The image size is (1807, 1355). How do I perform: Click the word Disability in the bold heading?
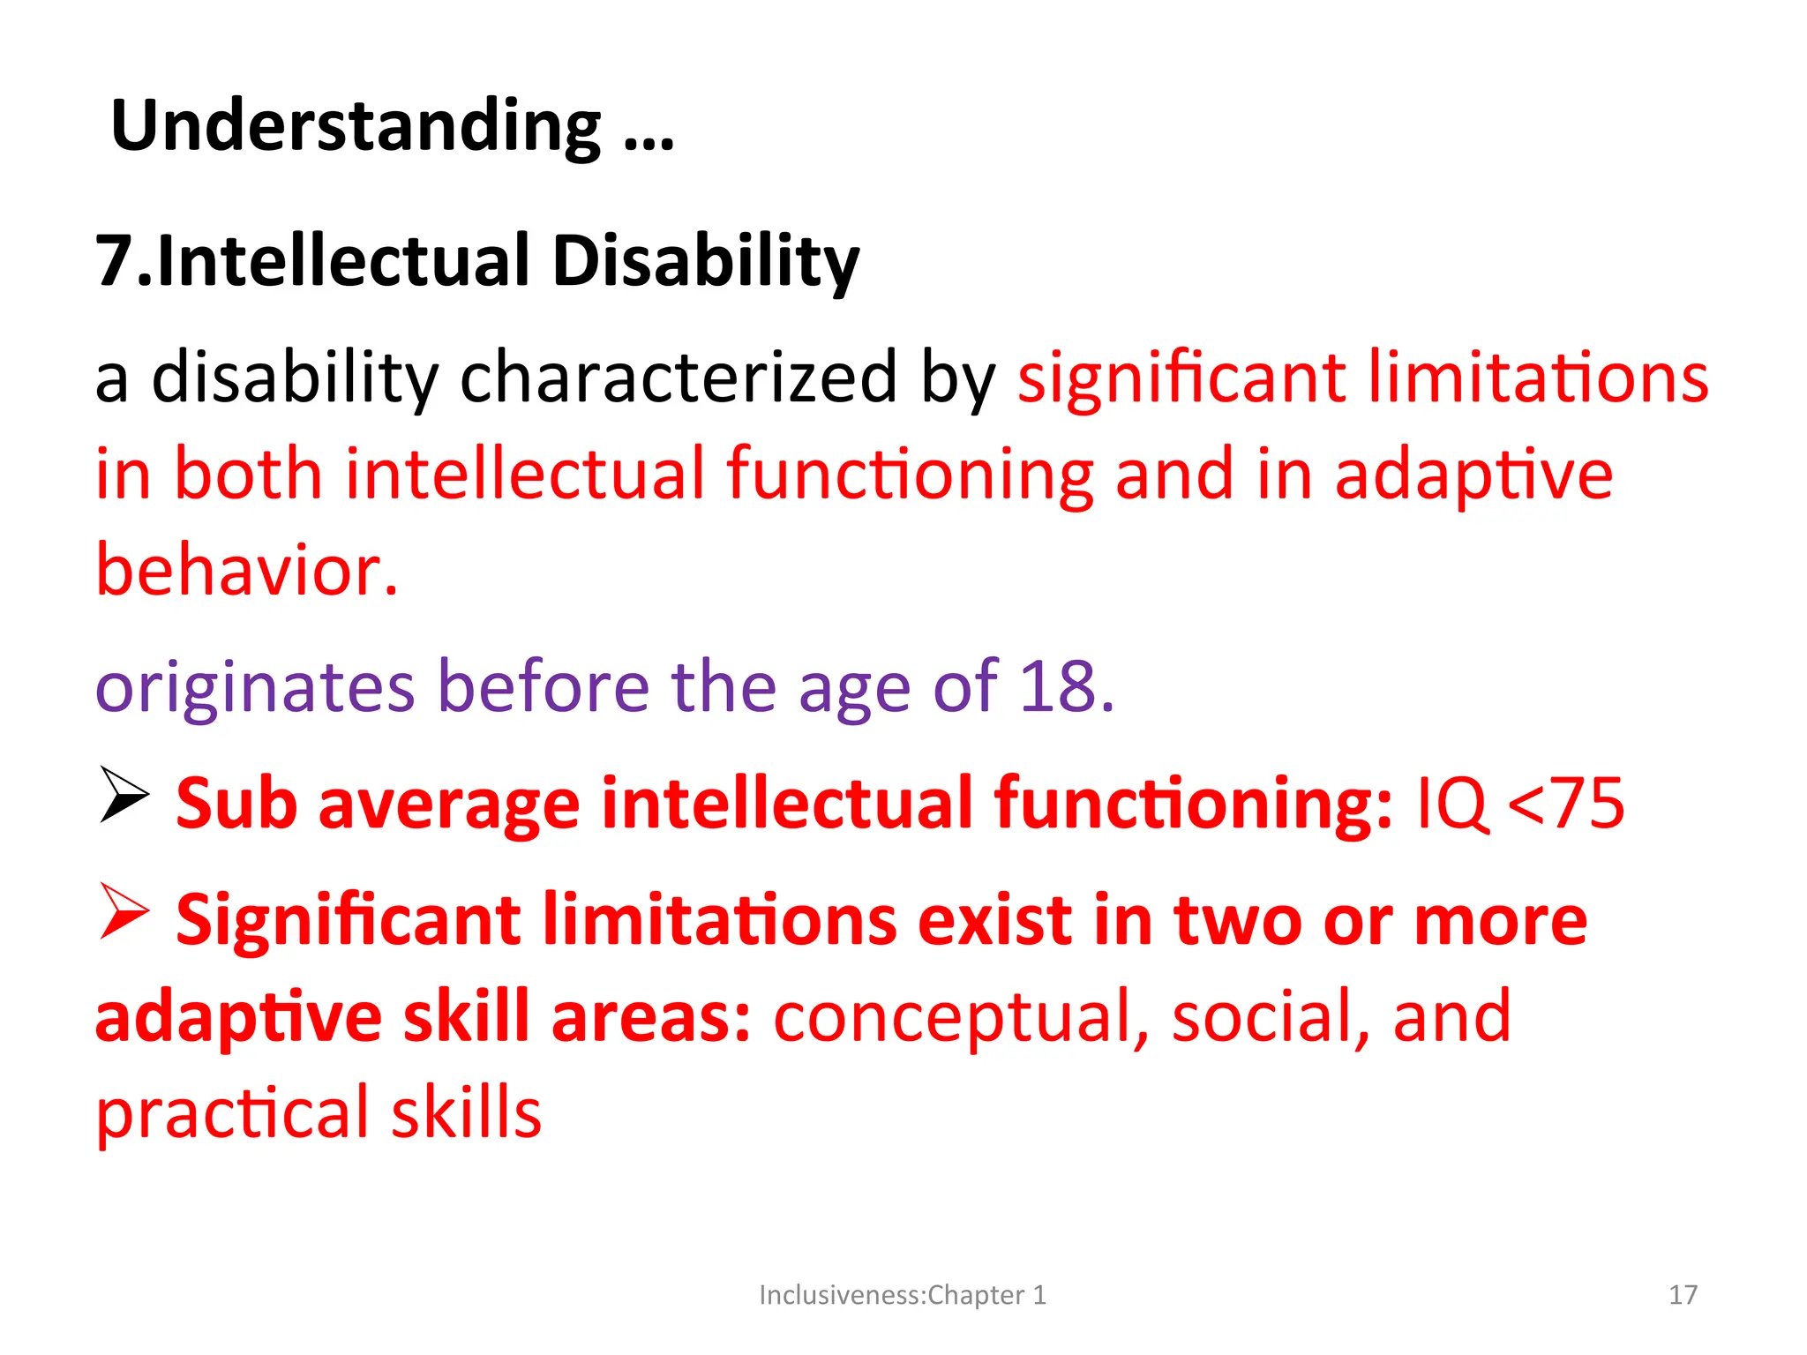pos(705,262)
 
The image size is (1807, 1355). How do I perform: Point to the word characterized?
pos(679,378)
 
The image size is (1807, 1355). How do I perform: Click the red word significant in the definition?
pos(1181,378)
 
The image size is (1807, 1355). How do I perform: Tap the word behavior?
pos(246,571)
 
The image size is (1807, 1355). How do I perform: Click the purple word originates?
pos(254,687)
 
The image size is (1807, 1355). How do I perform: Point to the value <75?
pos(1565,804)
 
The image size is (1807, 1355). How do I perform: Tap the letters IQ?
pos(1451,804)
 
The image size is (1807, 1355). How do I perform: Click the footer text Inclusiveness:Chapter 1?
pos(902,1295)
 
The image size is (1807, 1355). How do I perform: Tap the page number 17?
pos(1683,1295)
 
